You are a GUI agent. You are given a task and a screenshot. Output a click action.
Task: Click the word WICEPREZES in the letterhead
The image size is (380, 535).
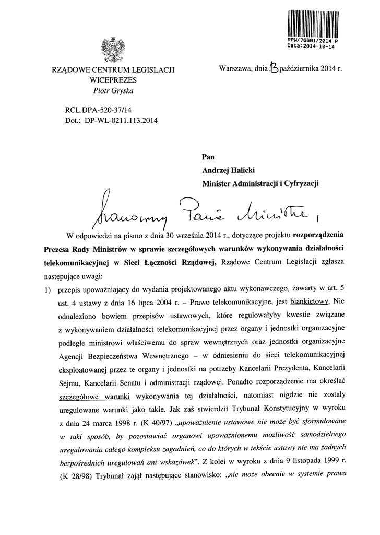tap(113, 80)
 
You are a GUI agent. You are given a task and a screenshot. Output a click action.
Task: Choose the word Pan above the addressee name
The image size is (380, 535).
tap(208, 156)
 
